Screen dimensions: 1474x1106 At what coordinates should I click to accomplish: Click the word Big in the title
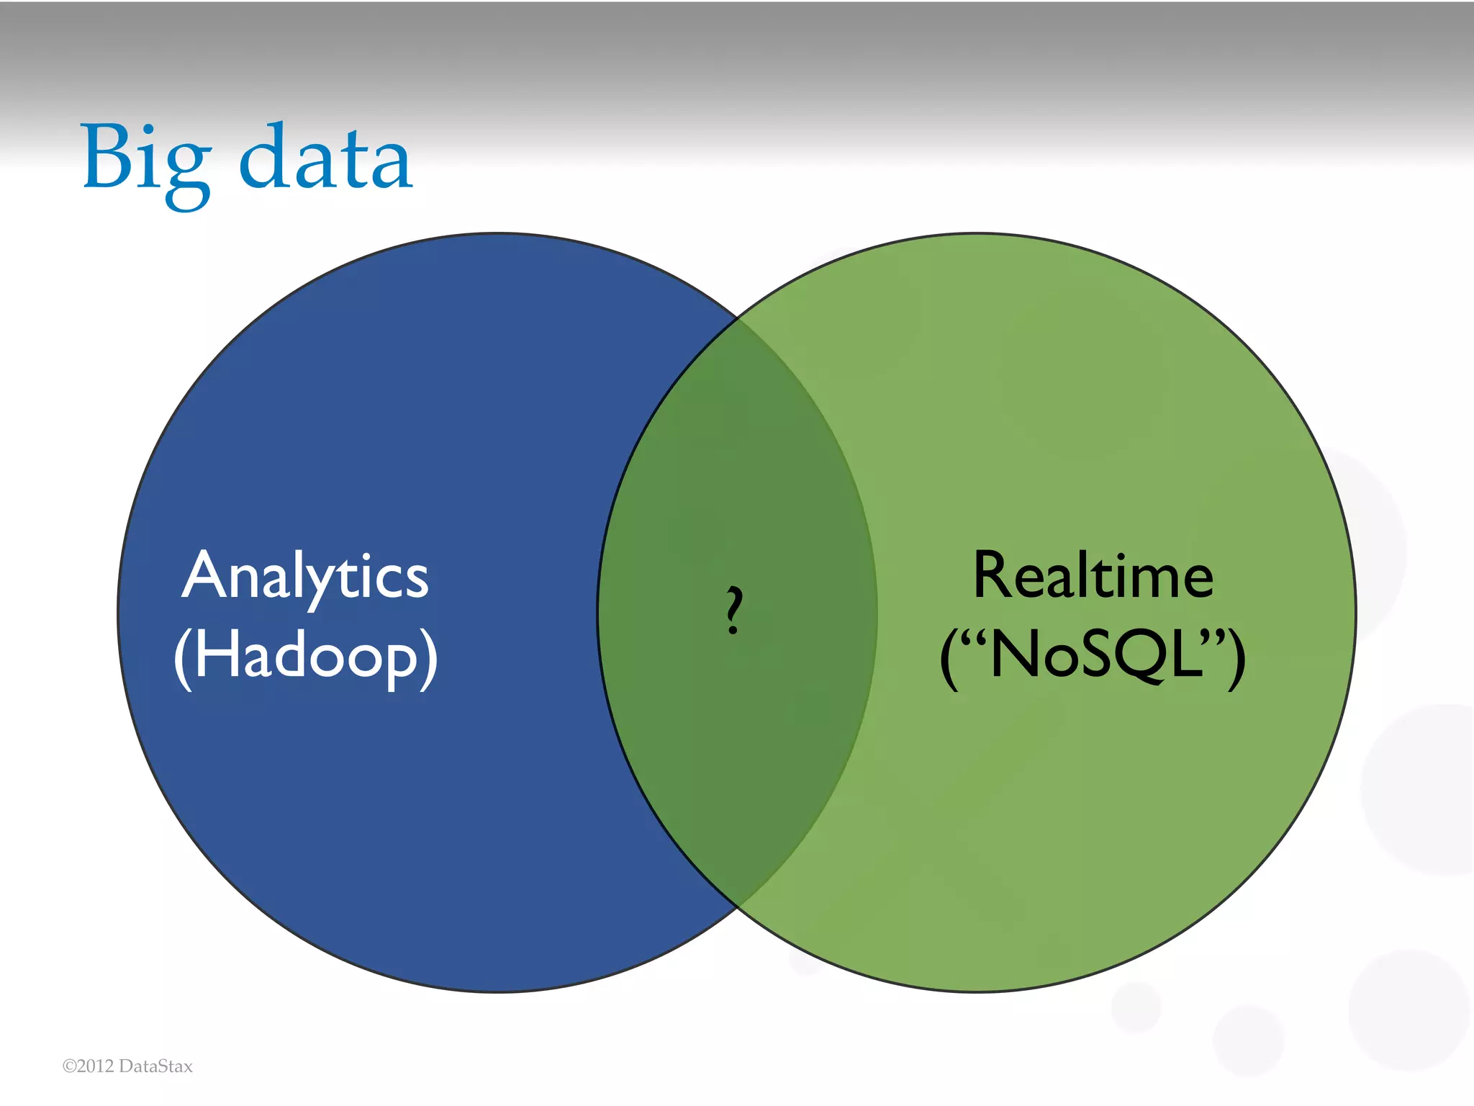pos(148,164)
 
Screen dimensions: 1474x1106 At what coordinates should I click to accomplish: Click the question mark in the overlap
pos(733,610)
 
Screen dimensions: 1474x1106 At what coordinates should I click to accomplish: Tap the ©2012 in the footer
pos(88,1066)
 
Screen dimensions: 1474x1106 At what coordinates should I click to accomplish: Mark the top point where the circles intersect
pos(738,319)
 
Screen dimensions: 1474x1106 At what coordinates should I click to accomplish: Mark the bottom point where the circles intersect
pos(738,906)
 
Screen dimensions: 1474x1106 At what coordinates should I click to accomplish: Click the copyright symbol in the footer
pos(69,1066)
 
